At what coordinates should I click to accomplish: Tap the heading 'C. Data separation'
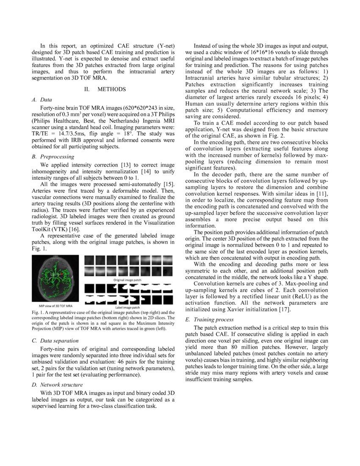(x=54, y=340)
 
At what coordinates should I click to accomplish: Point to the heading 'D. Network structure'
(x=57, y=385)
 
